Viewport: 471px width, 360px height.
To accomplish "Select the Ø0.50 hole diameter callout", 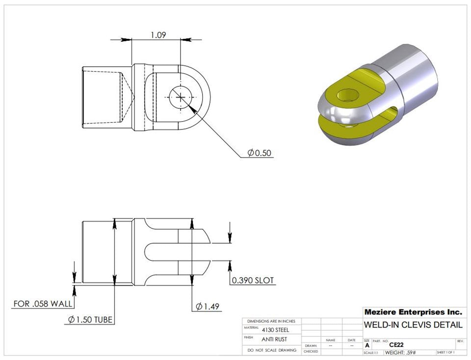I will point(259,153).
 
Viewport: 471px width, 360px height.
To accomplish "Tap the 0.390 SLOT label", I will point(253,281).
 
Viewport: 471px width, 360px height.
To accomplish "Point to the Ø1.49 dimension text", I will point(207,307).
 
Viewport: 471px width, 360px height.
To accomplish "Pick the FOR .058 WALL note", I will point(41,304).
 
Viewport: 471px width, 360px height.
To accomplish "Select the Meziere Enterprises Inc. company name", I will point(413,312).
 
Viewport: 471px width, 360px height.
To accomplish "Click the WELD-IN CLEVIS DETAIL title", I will point(413,325).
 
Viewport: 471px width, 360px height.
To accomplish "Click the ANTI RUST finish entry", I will point(274,339).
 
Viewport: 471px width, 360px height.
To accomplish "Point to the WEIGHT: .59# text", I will point(401,353).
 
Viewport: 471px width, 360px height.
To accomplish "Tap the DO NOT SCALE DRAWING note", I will point(271,350).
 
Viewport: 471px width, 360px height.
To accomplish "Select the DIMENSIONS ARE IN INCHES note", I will point(271,321).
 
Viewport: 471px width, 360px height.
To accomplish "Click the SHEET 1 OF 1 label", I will point(445,353).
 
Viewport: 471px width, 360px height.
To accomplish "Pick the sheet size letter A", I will point(367,345).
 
